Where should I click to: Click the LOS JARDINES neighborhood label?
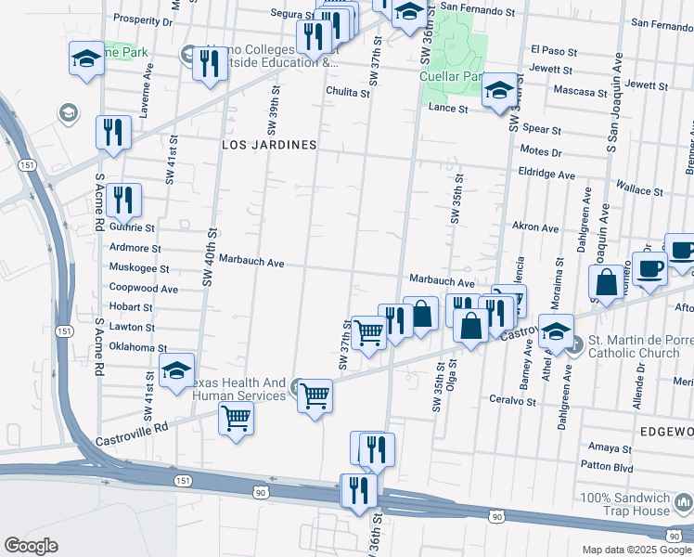point(269,146)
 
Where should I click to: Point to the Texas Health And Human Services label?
point(238,390)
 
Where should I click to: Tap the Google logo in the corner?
point(32,545)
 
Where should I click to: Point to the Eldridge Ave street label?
point(547,174)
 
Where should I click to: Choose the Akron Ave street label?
point(535,227)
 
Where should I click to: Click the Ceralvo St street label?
point(513,401)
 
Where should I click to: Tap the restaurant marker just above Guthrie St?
point(122,198)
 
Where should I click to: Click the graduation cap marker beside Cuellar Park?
point(498,90)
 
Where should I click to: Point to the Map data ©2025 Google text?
point(637,550)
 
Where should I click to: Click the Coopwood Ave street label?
point(144,289)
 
